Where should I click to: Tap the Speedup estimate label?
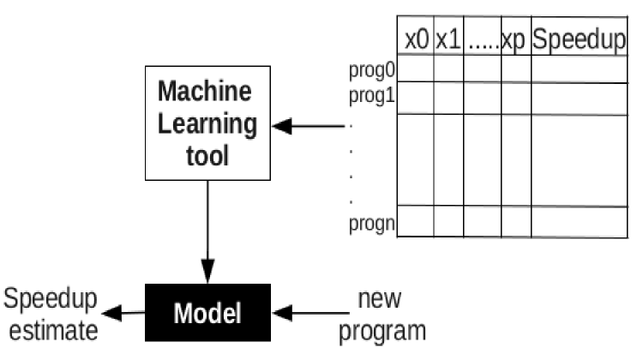[50, 314]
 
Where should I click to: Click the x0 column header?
[417, 40]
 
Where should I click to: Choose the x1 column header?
[448, 40]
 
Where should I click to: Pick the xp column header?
[514, 40]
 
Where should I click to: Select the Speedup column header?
[578, 40]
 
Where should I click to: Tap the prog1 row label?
[370, 93]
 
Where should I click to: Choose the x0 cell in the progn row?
[417, 221]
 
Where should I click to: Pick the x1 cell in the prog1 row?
[448, 98]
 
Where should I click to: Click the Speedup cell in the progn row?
[578, 221]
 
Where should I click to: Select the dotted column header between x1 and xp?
[483, 40]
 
